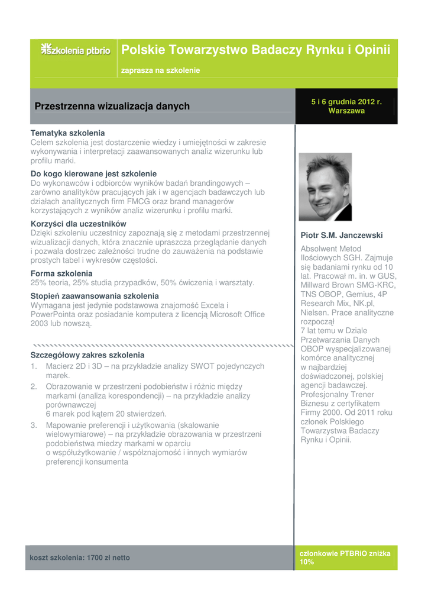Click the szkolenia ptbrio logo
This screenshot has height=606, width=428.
(76, 50)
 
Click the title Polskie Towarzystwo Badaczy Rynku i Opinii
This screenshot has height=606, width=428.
(255, 50)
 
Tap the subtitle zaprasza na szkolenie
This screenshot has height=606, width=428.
(160, 70)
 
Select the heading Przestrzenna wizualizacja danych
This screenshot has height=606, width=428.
(112, 107)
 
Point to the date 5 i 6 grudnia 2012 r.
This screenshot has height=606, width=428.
(346, 102)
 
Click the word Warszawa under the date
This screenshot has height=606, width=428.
(346, 111)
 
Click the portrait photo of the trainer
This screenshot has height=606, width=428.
(325, 187)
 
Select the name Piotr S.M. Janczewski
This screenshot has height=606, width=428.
(342, 235)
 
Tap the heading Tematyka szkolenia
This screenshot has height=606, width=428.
(67, 133)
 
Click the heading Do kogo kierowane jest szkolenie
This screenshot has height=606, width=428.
(93, 174)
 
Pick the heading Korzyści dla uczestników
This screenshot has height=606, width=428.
(79, 224)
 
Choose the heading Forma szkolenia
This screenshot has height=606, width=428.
(61, 273)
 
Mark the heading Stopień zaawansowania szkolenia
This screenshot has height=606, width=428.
(95, 296)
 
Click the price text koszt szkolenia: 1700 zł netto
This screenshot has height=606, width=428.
(80, 557)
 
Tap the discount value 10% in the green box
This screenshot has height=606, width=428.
(307, 562)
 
